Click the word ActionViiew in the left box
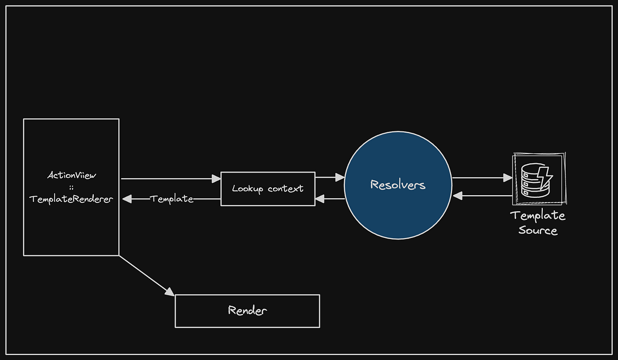[x=71, y=176]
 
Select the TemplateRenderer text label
[x=71, y=199]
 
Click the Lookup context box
[x=267, y=188]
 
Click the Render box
[x=247, y=311]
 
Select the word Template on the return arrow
[x=172, y=199]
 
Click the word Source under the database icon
[x=538, y=230]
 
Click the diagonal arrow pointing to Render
[x=147, y=276]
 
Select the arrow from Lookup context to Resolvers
[x=330, y=178]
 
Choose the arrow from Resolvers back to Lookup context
[x=330, y=199]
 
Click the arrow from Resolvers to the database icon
[x=482, y=178]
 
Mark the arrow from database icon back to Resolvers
[x=482, y=196]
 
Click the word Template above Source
[x=538, y=215]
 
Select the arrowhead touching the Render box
[x=169, y=292]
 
